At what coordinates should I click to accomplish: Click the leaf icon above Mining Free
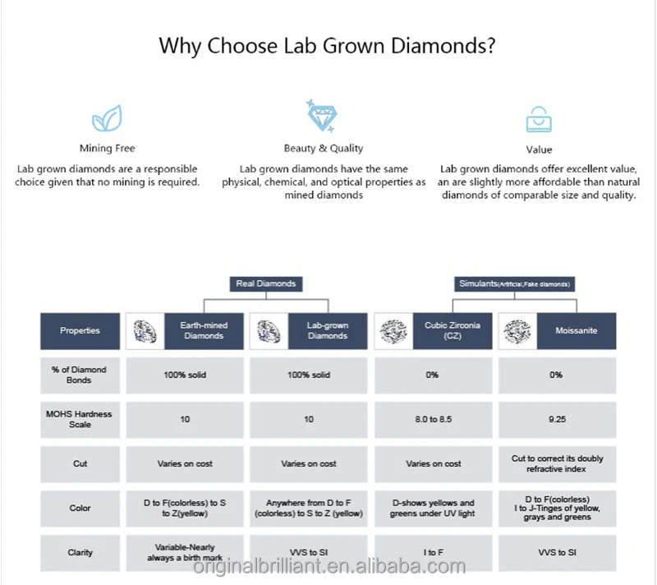(107, 118)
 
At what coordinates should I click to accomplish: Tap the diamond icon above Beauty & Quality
(321, 116)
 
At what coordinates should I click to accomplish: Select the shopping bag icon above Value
(539, 119)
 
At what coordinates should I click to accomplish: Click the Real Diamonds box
(266, 283)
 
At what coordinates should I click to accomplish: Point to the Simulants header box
(515, 283)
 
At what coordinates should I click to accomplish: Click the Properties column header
(80, 330)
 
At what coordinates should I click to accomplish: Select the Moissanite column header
(577, 330)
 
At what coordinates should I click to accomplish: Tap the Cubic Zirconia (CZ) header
(453, 330)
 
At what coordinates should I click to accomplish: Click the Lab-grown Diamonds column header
(328, 330)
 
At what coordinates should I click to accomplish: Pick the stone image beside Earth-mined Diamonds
(145, 331)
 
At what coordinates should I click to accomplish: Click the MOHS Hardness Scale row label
(80, 420)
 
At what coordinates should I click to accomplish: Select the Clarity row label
(80, 552)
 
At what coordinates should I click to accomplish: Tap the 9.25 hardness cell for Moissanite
(558, 420)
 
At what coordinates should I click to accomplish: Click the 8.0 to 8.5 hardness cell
(434, 420)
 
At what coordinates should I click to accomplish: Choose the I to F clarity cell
(434, 552)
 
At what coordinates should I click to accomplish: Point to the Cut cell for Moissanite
(558, 464)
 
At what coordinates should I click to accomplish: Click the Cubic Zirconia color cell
(434, 509)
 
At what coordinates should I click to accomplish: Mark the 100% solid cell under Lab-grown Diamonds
(309, 375)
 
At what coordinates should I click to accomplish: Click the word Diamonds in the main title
(443, 46)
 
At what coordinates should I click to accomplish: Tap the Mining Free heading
(108, 149)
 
